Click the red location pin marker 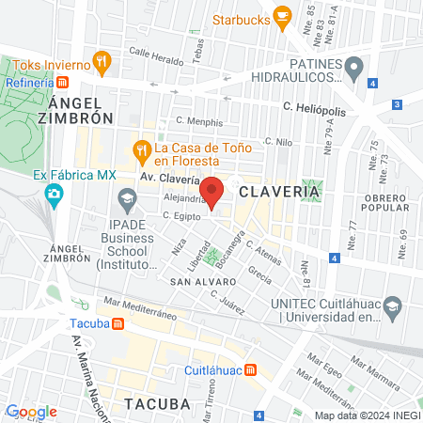[212, 191]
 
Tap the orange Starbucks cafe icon [281, 17]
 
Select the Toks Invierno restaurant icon [103, 64]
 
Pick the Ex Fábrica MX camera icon [55, 194]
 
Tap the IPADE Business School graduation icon [127, 198]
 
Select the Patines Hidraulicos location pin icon [353, 68]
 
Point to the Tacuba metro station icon [118, 323]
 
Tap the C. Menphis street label [200, 122]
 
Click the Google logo [31, 412]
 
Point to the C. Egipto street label [179, 215]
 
